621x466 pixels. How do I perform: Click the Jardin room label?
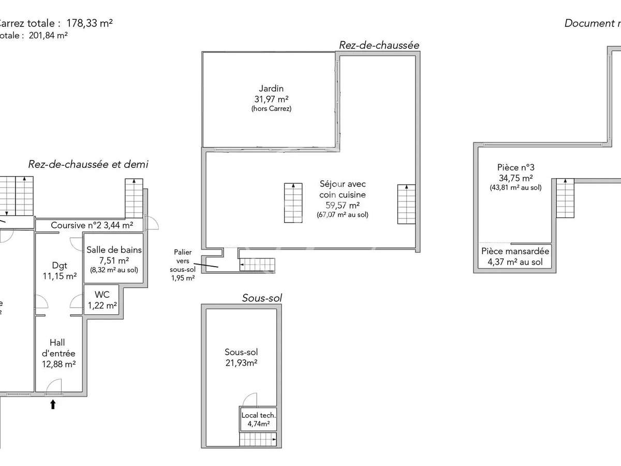click(x=271, y=89)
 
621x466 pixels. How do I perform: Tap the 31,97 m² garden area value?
click(x=271, y=99)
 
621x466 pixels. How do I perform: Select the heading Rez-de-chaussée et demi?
click(x=88, y=165)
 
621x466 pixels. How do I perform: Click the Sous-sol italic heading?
click(x=262, y=298)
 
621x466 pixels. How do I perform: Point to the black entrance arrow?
click(x=53, y=404)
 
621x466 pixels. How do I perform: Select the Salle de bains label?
click(x=114, y=250)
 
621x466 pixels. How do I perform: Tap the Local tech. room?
click(x=258, y=419)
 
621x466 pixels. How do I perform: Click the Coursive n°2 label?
click(x=92, y=225)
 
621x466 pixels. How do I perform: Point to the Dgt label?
click(x=60, y=266)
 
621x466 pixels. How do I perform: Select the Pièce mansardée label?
click(x=515, y=251)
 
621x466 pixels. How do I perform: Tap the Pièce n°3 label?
click(x=515, y=167)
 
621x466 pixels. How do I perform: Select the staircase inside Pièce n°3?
click(x=565, y=198)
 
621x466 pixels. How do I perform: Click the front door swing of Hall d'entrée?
click(x=53, y=386)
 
